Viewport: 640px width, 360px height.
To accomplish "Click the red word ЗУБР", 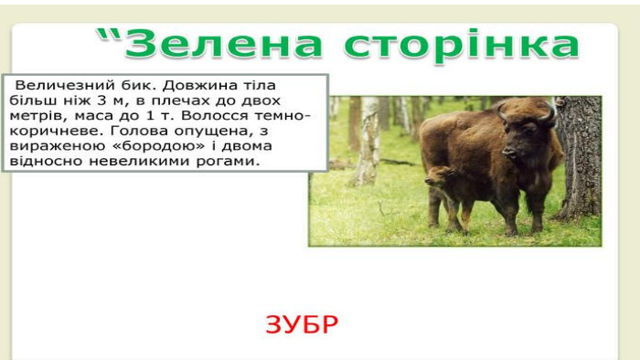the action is pyautogui.click(x=302, y=325).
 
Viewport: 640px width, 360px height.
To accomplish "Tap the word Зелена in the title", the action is pyautogui.click(x=223, y=44).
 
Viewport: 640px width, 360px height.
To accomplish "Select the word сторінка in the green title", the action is pyautogui.click(x=462, y=46).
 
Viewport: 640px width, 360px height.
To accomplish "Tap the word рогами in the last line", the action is pyautogui.click(x=229, y=162).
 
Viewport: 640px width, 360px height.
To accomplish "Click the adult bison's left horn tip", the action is pyautogui.click(x=498, y=106).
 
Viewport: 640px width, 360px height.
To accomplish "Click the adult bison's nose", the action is pyautogui.click(x=508, y=154).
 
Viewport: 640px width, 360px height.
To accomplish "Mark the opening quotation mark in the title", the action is pyautogui.click(x=110, y=36).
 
